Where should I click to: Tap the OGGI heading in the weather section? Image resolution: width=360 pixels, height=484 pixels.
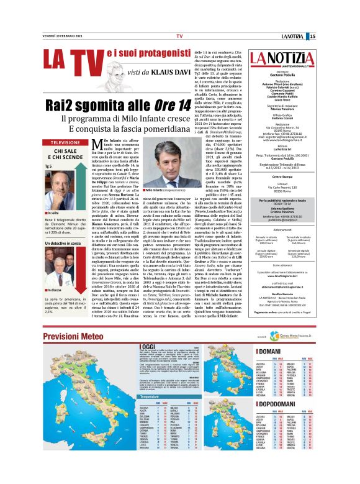(x=131, y=346)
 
